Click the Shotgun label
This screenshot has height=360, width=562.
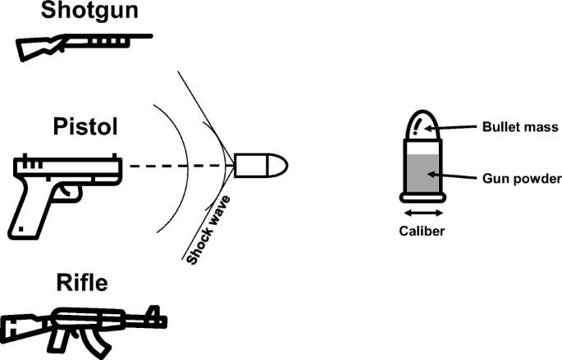click(89, 10)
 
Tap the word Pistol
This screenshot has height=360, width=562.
click(85, 126)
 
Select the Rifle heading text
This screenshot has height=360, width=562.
click(82, 282)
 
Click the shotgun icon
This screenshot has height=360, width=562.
click(85, 48)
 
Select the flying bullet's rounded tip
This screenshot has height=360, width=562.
click(278, 166)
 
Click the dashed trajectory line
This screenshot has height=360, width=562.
click(181, 166)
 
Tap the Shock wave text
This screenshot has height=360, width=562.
click(208, 230)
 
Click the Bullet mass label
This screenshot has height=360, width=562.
click(520, 127)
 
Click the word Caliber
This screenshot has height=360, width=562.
click(422, 231)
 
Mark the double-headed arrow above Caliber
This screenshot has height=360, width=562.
click(423, 213)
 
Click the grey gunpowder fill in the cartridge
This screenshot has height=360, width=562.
click(423, 174)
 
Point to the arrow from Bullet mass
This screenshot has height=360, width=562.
click(450, 127)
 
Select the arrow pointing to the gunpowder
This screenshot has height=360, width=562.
click(452, 175)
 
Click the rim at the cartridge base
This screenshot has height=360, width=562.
click(423, 198)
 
